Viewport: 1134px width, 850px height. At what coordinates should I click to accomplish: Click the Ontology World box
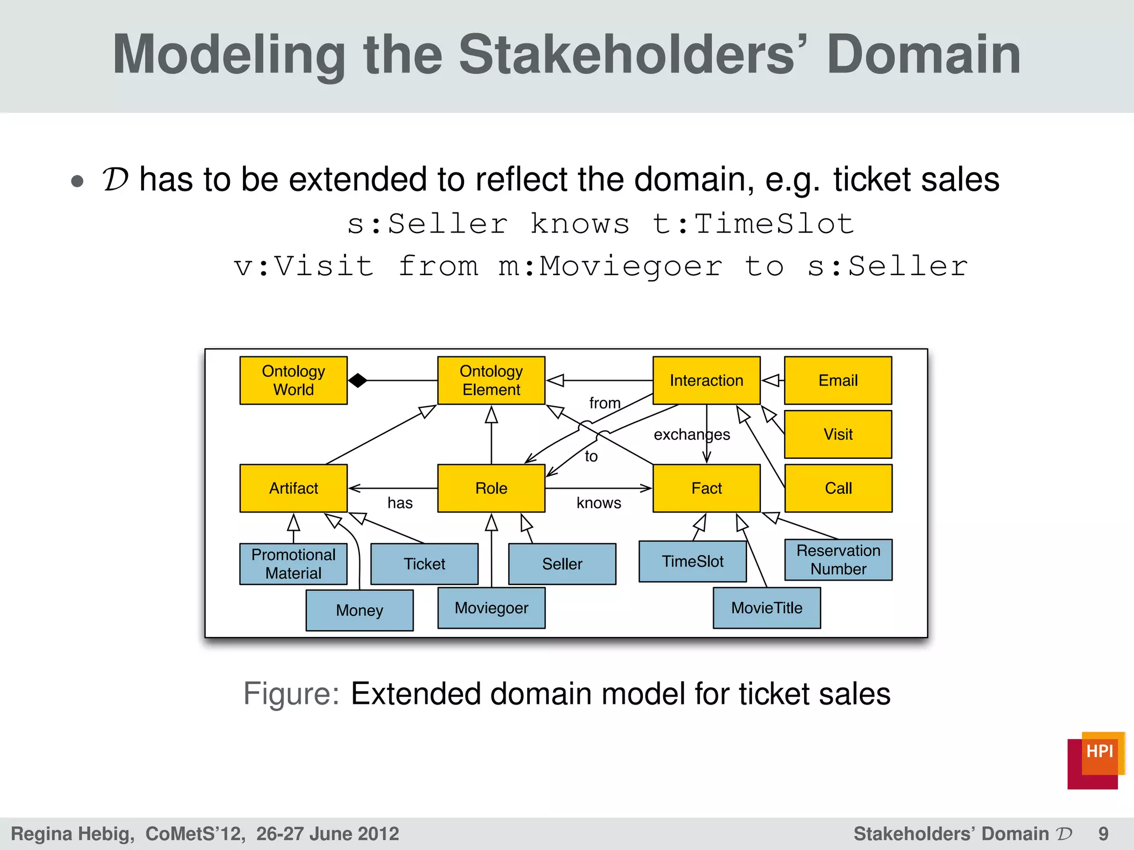tap(293, 381)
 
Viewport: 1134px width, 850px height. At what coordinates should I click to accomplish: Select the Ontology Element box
tap(491, 381)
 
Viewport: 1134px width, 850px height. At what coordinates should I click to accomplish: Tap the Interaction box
tap(706, 381)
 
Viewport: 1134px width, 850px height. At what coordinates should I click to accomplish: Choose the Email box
tap(838, 381)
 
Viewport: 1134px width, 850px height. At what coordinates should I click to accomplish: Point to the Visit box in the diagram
tap(838, 434)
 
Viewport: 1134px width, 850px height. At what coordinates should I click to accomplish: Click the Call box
tap(838, 488)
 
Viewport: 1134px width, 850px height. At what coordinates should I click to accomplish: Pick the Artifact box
tap(293, 488)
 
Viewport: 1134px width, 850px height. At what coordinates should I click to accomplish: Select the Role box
tap(491, 488)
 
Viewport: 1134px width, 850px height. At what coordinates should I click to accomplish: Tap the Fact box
tap(706, 488)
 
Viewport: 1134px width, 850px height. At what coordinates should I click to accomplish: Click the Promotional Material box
tap(293, 564)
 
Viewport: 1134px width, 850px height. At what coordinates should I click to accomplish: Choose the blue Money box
tap(359, 610)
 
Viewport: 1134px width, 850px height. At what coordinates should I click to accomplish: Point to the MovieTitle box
tap(766, 608)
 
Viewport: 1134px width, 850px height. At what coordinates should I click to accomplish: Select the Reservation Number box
tap(838, 560)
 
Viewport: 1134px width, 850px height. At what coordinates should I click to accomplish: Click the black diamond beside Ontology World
tap(358, 381)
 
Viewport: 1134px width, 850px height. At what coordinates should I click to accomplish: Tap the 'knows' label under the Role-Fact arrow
tap(599, 503)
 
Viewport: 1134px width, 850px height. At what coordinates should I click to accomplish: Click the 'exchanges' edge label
tap(692, 435)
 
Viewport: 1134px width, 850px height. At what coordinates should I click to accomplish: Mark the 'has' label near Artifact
tap(400, 503)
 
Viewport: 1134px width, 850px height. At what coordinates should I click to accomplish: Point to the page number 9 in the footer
tap(1103, 834)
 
